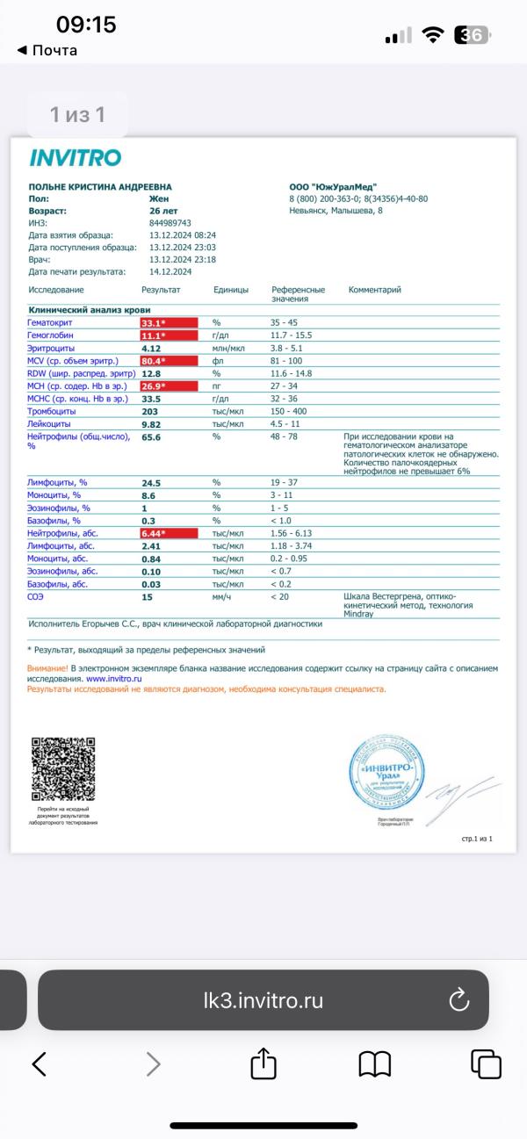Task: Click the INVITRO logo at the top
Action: tap(75, 158)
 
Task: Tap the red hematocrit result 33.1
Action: tap(155, 323)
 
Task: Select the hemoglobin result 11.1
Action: tap(155, 335)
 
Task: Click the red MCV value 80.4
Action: tap(155, 361)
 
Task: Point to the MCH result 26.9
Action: tap(155, 386)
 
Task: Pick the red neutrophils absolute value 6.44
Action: tap(155, 533)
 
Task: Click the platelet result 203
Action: tap(150, 411)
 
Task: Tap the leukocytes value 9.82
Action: tap(152, 423)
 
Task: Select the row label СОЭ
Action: tap(36, 597)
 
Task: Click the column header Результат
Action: tap(161, 290)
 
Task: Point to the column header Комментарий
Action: tap(374, 290)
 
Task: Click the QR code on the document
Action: tap(63, 768)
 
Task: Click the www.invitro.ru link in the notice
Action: tap(114, 679)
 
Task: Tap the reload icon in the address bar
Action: tap(458, 999)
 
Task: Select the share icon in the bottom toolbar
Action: tap(263, 1064)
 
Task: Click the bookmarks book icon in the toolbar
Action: tap(375, 1064)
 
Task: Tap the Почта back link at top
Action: tap(47, 50)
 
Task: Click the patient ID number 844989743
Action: tap(171, 223)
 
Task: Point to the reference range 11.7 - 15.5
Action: tap(291, 335)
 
